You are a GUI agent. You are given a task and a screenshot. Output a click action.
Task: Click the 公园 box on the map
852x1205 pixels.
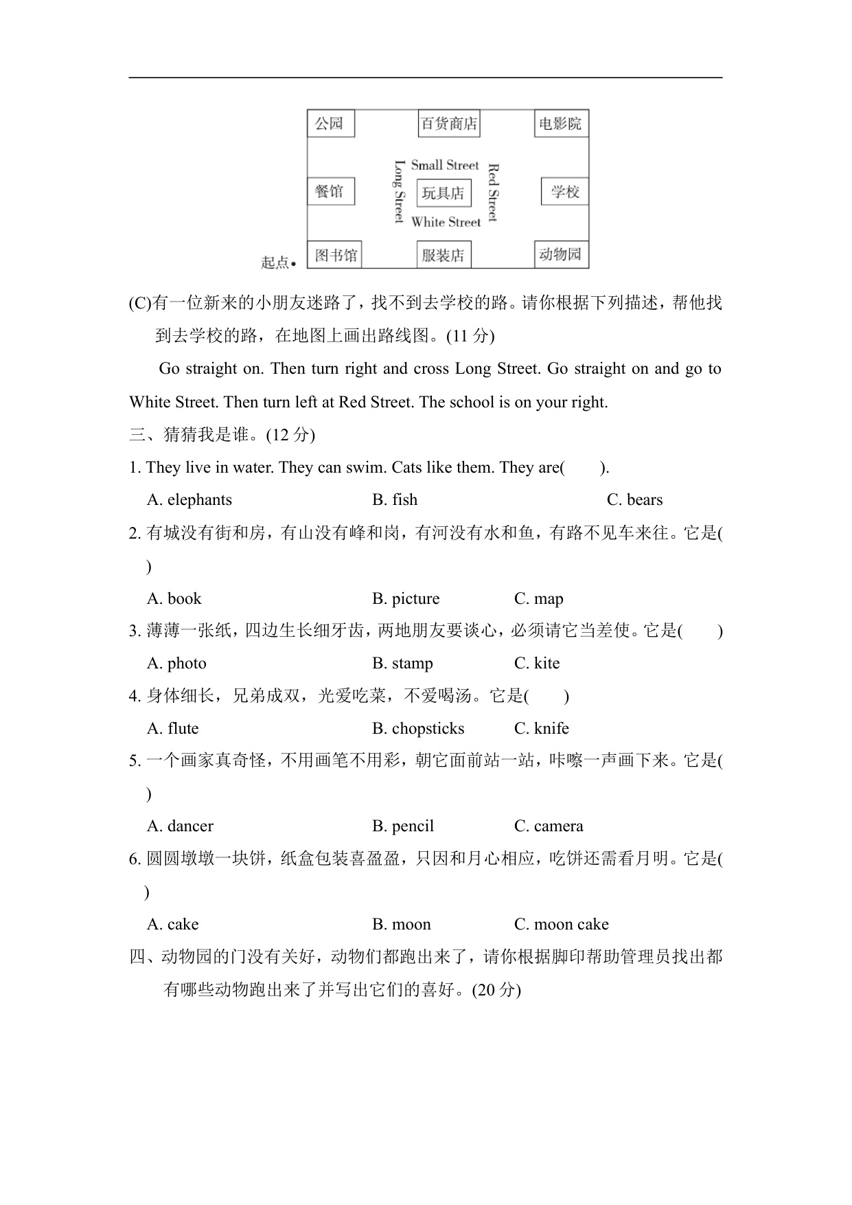coord(330,124)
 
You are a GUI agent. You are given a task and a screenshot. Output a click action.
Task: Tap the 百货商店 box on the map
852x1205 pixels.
coord(448,124)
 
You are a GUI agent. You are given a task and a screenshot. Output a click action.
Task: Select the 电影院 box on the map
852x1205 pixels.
coord(561,124)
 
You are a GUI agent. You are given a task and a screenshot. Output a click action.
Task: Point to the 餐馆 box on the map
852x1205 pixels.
coord(330,191)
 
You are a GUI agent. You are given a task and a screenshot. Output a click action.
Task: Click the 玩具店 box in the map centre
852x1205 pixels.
coord(444,193)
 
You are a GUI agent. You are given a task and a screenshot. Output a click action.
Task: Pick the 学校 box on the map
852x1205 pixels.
coord(564,192)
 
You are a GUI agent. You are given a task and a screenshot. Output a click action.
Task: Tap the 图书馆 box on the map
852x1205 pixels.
coord(336,256)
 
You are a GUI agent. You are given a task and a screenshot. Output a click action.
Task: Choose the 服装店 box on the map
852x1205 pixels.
coord(444,256)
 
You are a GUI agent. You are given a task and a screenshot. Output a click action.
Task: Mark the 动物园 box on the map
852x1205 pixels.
coord(561,255)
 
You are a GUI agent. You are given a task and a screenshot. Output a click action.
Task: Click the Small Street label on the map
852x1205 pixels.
coord(444,165)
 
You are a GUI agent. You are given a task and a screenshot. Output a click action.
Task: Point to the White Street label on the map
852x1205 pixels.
coord(446,222)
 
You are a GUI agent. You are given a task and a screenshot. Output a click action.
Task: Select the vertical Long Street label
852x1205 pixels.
coord(399,192)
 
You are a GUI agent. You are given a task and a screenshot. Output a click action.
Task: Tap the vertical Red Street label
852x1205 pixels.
coord(492,193)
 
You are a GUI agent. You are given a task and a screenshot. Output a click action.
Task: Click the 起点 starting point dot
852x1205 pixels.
coord(293,263)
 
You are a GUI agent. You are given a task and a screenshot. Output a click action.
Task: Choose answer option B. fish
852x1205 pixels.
coord(395,499)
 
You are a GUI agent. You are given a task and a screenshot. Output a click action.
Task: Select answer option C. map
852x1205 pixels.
coord(538,598)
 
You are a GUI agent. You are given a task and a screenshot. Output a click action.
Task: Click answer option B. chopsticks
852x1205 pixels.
coord(418,728)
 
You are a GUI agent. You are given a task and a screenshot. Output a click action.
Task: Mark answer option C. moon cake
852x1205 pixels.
coord(561,924)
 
